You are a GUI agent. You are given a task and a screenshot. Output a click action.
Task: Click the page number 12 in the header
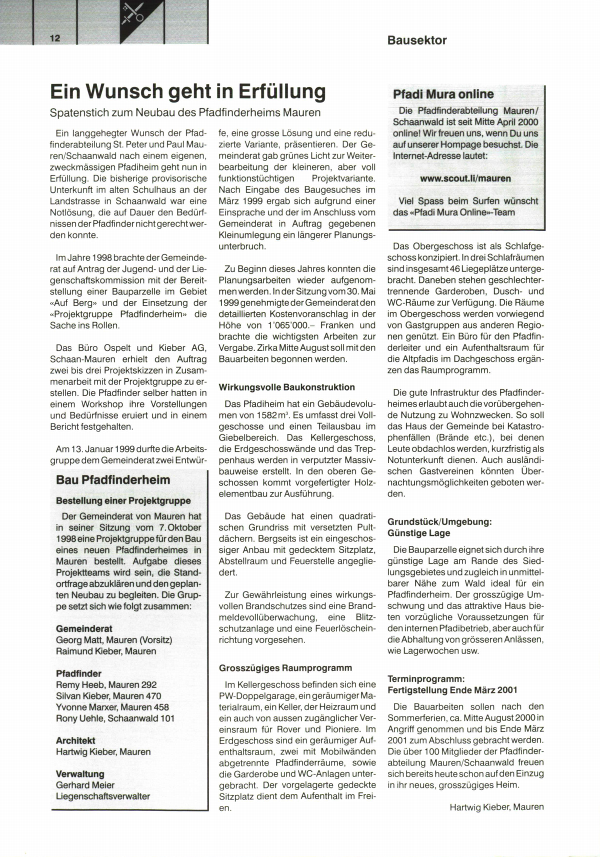pyautogui.click(x=54, y=38)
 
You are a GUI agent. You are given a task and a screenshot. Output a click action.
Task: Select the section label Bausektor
pyautogui.click(x=416, y=40)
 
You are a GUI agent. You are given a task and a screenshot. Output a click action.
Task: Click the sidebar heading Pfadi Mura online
pyautogui.click(x=443, y=94)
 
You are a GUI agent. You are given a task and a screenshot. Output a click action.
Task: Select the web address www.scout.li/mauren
pyautogui.click(x=465, y=178)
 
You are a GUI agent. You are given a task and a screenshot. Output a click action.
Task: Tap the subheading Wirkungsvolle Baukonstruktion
pyautogui.click(x=286, y=387)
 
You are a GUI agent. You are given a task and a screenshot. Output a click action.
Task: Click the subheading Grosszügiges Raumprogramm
pyautogui.click(x=285, y=667)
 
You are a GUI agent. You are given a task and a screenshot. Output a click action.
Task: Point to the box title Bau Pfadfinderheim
pyautogui.click(x=113, y=480)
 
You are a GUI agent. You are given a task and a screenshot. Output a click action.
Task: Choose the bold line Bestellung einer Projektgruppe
pyautogui.click(x=123, y=500)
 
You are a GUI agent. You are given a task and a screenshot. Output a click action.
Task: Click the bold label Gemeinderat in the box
pyautogui.click(x=84, y=628)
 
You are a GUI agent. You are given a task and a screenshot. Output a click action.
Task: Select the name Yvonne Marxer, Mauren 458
pyautogui.click(x=112, y=707)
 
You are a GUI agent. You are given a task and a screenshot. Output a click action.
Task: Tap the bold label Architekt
pyautogui.click(x=75, y=740)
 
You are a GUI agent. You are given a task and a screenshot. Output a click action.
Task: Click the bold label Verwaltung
pyautogui.click(x=80, y=774)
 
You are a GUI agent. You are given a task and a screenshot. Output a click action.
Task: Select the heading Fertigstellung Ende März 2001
pyautogui.click(x=452, y=690)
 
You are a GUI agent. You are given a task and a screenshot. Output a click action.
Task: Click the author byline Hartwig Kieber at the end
pyautogui.click(x=496, y=806)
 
